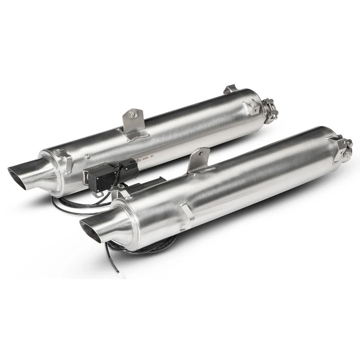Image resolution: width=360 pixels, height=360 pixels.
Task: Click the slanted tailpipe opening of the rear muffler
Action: [18, 173]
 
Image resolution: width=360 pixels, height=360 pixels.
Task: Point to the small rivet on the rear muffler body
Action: [88, 156]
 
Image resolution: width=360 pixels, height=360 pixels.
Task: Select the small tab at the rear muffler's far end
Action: [230, 89]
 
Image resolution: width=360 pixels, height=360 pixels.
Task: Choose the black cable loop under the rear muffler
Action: [76, 205]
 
